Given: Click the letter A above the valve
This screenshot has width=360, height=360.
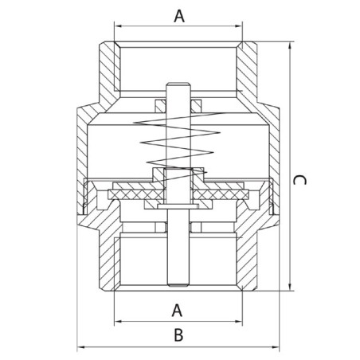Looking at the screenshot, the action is [x=179, y=16].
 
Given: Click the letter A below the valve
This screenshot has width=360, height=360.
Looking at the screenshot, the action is [x=177, y=311].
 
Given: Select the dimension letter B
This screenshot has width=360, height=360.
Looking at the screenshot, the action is [x=178, y=335].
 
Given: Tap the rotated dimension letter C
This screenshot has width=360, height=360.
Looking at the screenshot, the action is [x=299, y=180].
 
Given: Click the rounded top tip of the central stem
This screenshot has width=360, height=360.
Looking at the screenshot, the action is [x=178, y=84].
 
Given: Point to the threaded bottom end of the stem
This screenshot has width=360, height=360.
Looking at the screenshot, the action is [x=178, y=284].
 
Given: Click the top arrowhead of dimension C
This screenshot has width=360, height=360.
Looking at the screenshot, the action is [x=290, y=45].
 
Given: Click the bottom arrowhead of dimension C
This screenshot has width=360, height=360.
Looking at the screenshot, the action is [x=290, y=287].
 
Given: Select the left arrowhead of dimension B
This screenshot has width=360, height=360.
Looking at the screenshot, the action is [x=80, y=347].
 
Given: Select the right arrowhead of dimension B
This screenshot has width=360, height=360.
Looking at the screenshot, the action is [x=276, y=347].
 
